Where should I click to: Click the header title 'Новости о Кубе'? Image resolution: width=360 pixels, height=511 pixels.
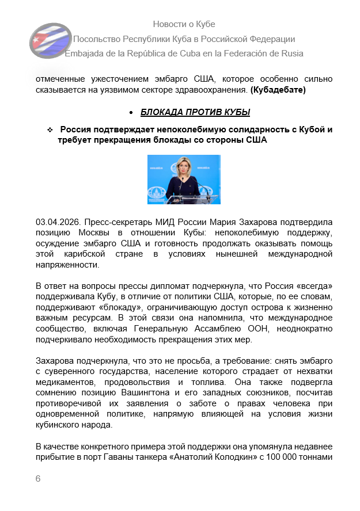184,24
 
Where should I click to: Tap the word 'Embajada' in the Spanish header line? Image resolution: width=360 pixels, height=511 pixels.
84,54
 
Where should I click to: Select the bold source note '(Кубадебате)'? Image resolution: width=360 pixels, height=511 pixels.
278,90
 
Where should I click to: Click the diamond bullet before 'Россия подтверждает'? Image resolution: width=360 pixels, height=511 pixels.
50,130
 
